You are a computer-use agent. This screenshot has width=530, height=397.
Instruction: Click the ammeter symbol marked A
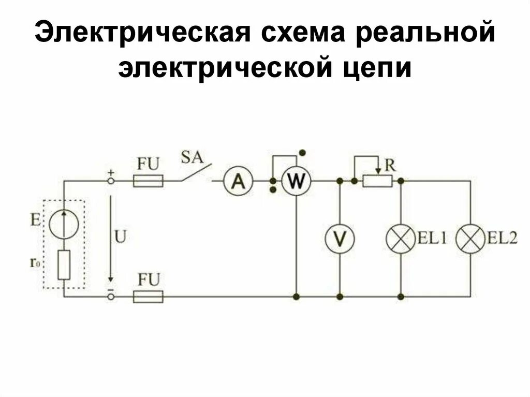click(x=239, y=181)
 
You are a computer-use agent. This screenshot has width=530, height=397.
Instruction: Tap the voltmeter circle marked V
click(x=340, y=239)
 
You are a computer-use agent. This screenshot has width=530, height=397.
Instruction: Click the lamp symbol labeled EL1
click(x=401, y=239)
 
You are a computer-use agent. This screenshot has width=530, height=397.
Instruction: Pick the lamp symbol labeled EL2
click(x=470, y=239)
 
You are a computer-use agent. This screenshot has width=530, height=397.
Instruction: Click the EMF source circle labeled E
click(x=64, y=224)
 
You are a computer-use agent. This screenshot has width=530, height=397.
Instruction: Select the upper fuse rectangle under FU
click(x=149, y=181)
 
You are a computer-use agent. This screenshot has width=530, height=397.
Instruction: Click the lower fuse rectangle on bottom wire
click(x=149, y=297)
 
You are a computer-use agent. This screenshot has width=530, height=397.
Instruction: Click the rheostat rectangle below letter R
click(x=377, y=181)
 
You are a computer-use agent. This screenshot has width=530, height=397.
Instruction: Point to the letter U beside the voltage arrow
click(x=120, y=237)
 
